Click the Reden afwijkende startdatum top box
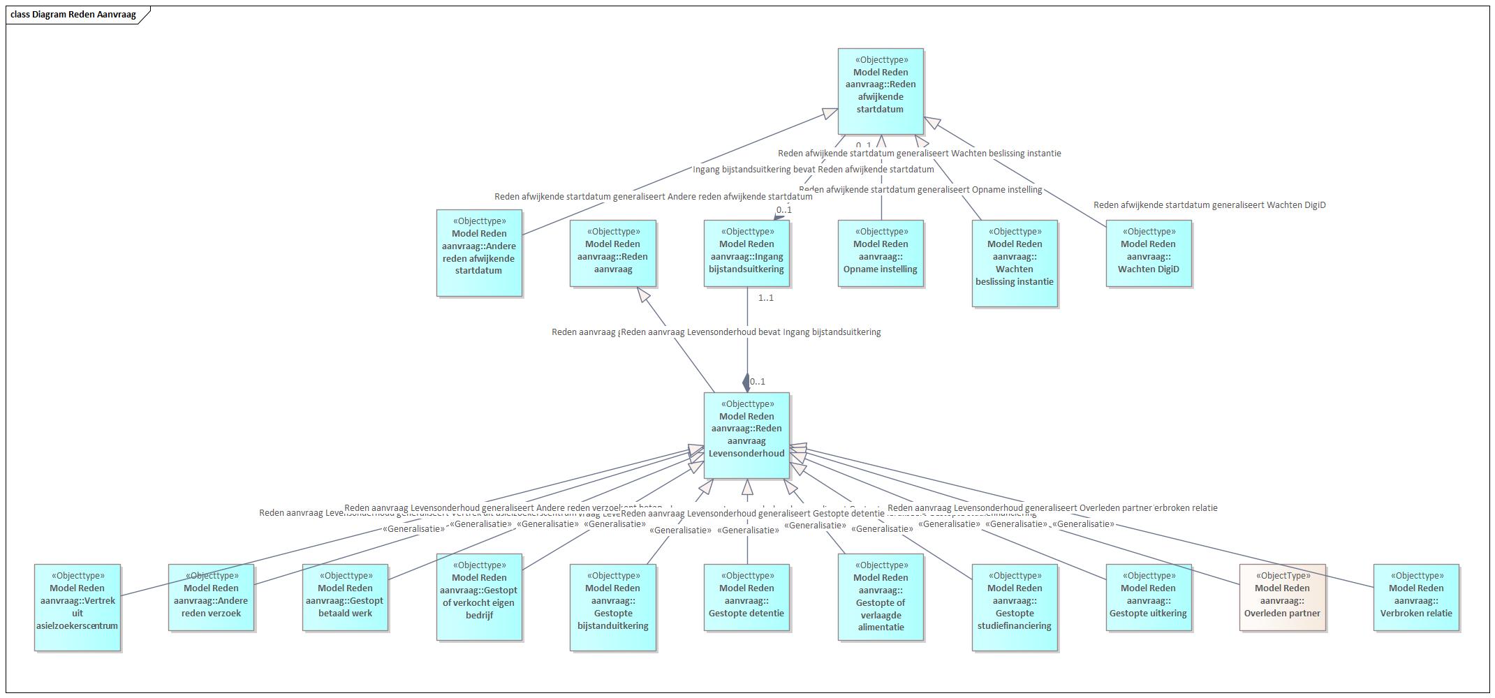coord(881,91)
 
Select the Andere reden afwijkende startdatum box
coord(479,253)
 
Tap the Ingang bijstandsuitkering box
coord(746,253)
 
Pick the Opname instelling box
coord(881,253)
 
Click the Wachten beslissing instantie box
coord(1015,263)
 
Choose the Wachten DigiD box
coord(1149,253)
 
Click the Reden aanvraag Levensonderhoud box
coord(746,435)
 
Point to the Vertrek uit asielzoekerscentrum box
coord(78,607)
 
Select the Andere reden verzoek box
coord(211,597)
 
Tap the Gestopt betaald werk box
coord(345,597)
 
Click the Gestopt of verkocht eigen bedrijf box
coord(479,597)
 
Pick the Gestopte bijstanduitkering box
coord(613,607)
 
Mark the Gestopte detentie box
coord(746,597)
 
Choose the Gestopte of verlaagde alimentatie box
coord(881,597)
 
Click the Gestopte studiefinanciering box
coord(1015,607)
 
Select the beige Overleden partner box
coord(1282,597)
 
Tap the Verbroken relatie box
coord(1416,597)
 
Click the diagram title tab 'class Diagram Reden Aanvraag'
coord(73,14)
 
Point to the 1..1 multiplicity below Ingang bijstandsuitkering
coord(766,298)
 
